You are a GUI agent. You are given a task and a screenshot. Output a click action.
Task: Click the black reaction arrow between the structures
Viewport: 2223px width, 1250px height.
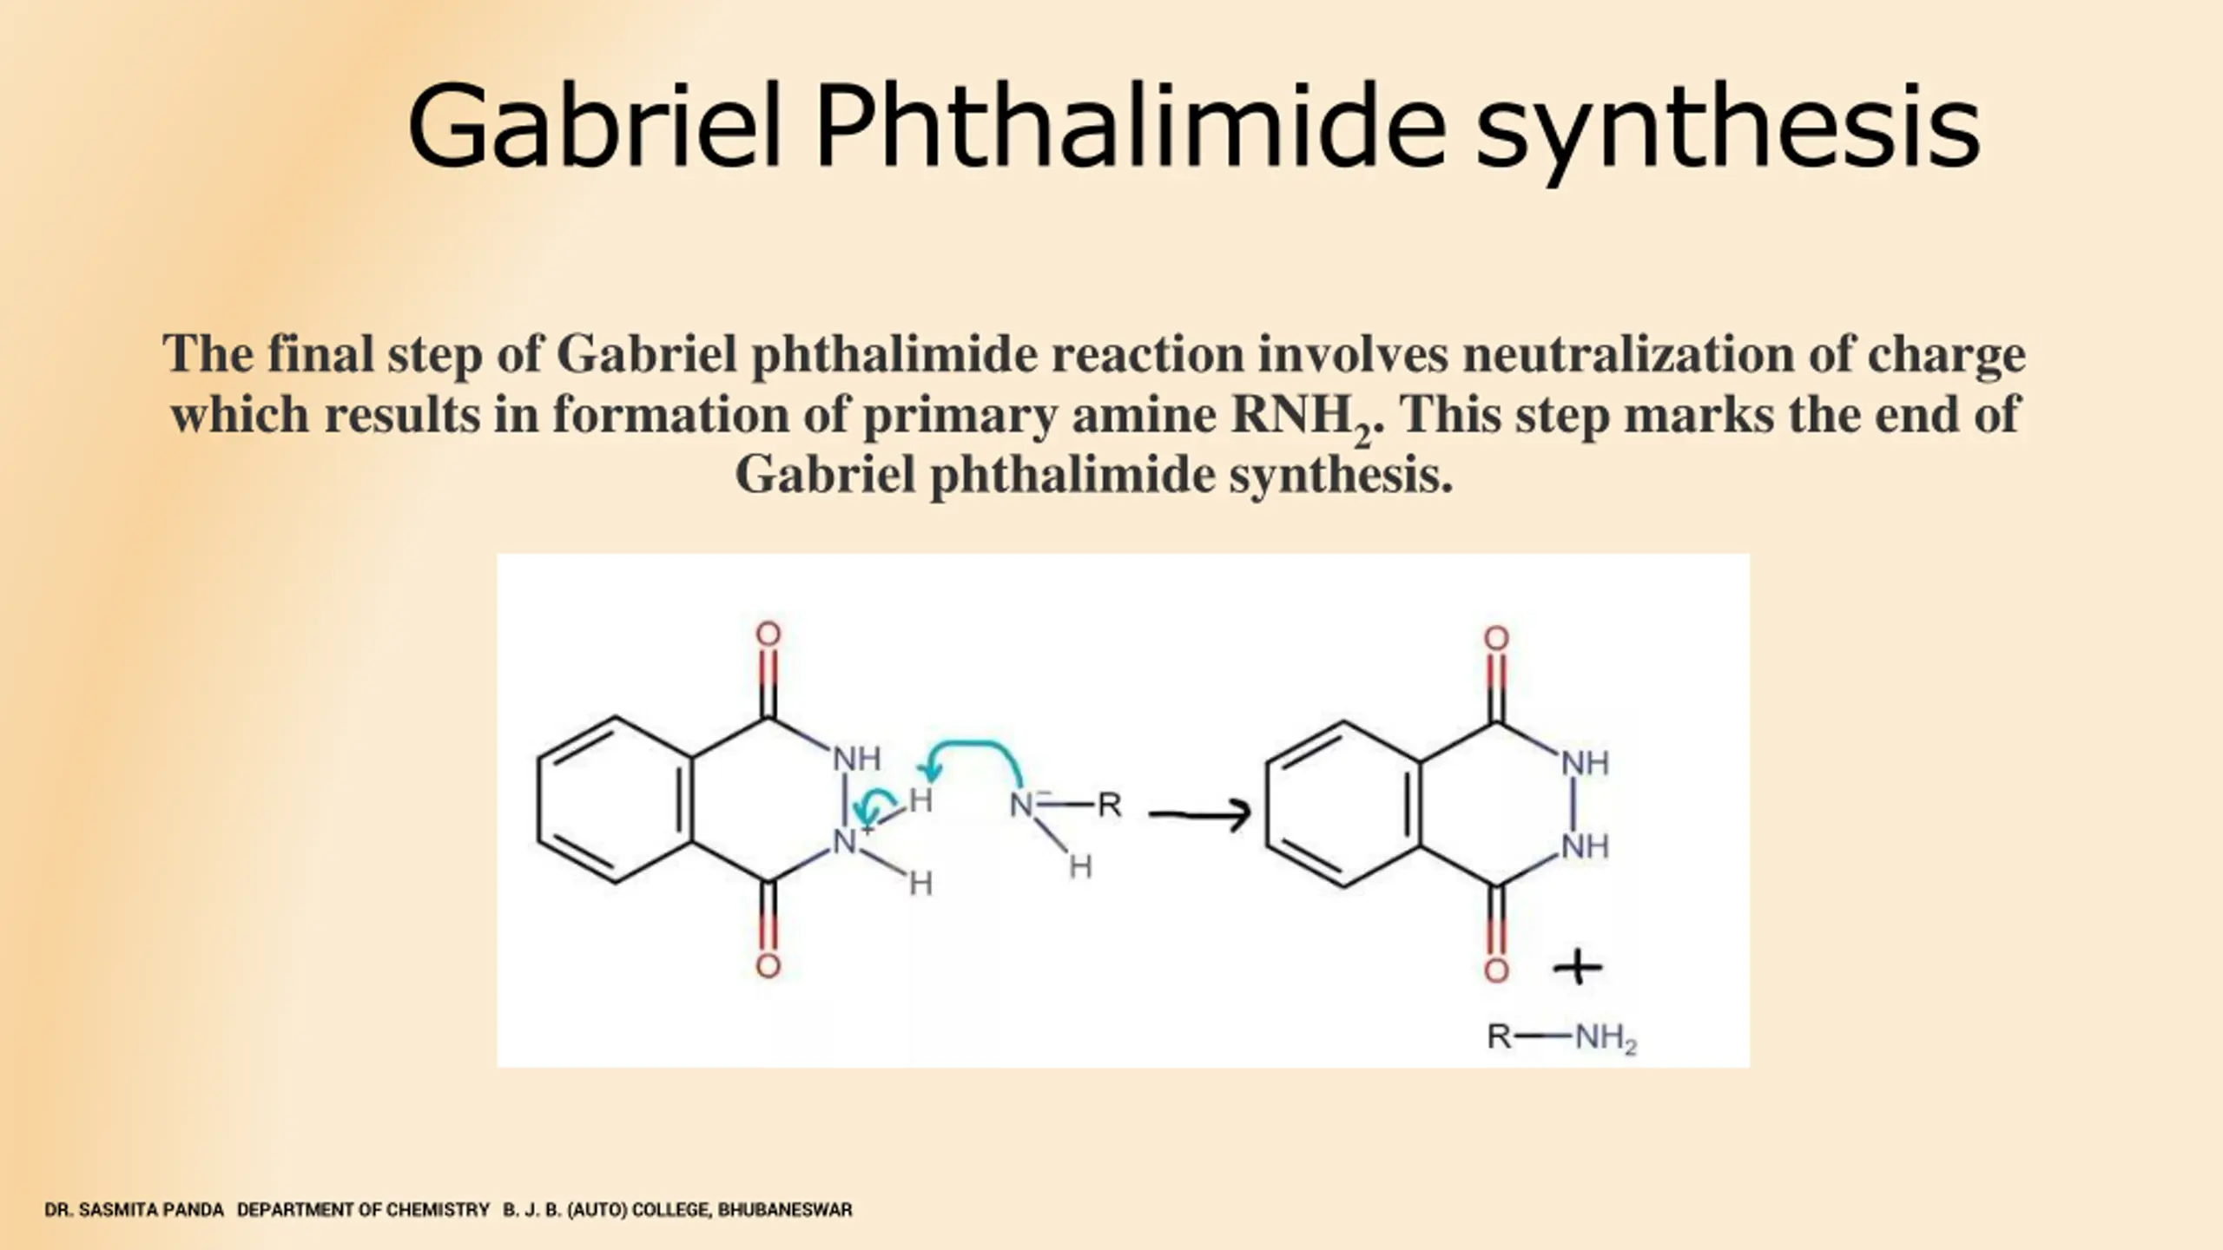pos(1199,813)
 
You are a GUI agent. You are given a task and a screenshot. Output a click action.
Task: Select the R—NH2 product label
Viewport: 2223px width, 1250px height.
pos(1560,1037)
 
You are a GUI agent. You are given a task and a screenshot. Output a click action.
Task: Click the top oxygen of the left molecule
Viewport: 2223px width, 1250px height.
pos(768,635)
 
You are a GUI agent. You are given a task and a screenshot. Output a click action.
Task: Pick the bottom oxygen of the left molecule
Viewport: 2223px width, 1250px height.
pos(768,966)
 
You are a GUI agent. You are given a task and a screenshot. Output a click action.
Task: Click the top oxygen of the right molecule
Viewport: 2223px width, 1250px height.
pos(1496,639)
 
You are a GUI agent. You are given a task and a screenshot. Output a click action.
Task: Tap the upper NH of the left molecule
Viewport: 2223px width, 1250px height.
pos(856,760)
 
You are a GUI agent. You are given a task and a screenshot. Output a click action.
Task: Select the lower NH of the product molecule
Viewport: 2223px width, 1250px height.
pos(1585,845)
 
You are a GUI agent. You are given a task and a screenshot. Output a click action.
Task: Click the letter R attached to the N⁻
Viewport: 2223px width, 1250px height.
pos(1109,806)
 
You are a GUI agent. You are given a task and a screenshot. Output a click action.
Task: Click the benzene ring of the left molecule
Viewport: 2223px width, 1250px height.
pos(615,799)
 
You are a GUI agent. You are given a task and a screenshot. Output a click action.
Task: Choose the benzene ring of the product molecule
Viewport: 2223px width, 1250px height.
pos(1343,804)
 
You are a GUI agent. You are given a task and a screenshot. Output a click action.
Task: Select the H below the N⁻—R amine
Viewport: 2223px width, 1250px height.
pos(1080,866)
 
